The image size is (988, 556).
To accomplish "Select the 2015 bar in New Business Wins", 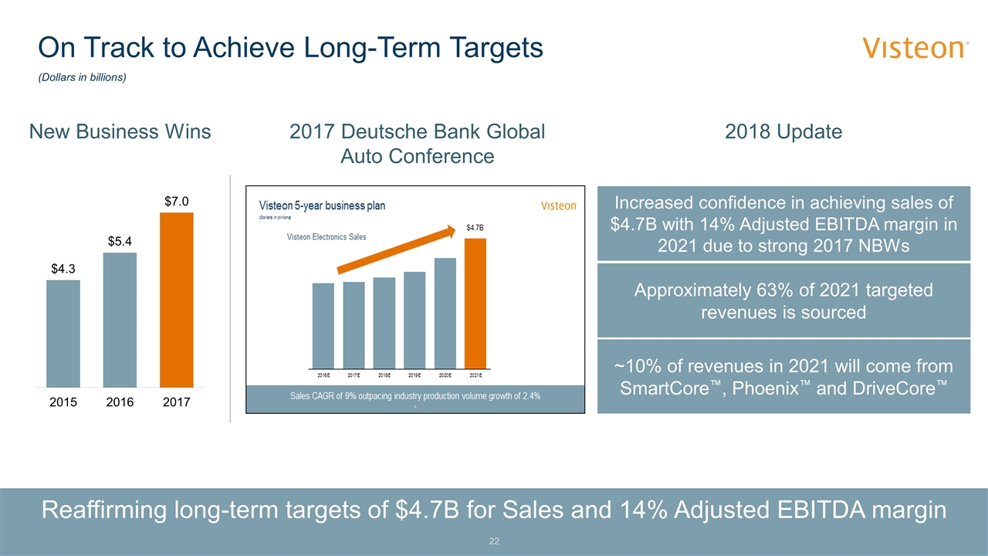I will tap(63, 333).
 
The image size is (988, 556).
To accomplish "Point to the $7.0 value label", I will tap(177, 201).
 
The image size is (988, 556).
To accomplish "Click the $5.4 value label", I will tap(120, 241).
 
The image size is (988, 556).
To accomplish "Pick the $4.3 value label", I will tap(63, 269).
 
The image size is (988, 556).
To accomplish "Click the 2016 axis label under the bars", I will tap(120, 402).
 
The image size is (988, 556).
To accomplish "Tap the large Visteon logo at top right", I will tap(915, 49).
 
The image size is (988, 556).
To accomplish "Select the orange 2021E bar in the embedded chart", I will tap(475, 303).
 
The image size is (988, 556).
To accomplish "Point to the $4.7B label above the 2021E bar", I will tap(476, 228).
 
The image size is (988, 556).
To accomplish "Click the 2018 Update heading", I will tap(783, 132).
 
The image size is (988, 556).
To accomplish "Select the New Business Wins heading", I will tap(120, 132).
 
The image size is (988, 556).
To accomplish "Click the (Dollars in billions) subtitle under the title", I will tap(83, 78).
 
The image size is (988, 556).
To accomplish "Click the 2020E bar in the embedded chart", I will tap(445, 312).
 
